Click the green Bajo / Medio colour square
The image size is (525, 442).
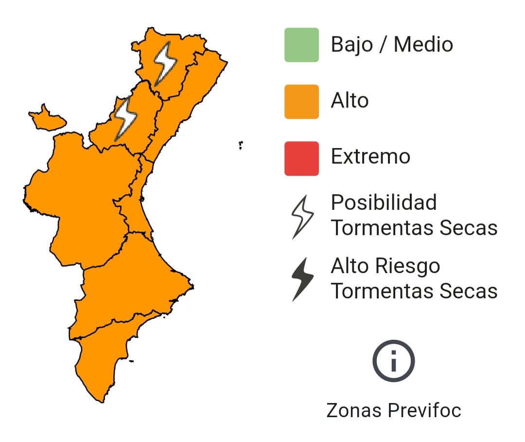[x=301, y=45]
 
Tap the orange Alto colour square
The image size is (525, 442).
[x=301, y=101]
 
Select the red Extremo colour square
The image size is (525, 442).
[x=301, y=158]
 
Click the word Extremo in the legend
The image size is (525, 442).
[x=370, y=157]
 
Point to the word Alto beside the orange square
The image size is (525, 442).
[x=350, y=101]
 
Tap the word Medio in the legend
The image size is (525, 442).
[x=423, y=45]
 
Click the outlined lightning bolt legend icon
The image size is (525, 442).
[x=302, y=217]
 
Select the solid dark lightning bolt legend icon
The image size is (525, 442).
[x=302, y=279]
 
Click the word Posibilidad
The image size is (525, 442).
[x=384, y=203]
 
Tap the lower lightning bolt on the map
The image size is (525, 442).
[x=125, y=118]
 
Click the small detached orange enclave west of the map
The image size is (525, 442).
[x=47, y=118]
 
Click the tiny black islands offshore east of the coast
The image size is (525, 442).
[x=241, y=145]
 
